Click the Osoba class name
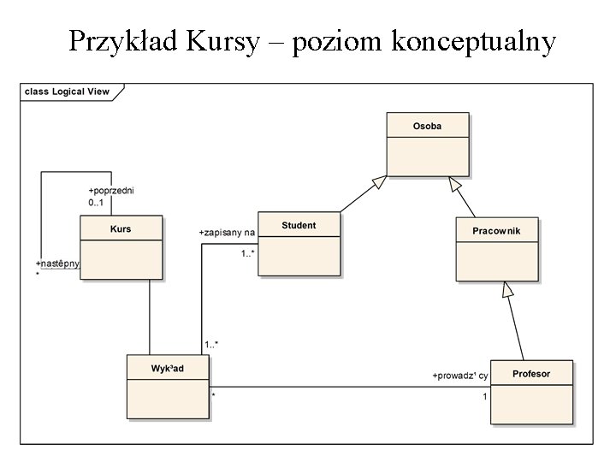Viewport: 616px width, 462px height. [x=428, y=126]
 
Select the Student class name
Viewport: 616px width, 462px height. [x=299, y=225]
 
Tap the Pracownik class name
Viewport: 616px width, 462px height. [x=496, y=231]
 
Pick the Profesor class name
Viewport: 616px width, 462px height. [x=531, y=374]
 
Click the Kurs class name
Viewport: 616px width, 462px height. [x=121, y=228]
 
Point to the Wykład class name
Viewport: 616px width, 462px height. [x=168, y=368]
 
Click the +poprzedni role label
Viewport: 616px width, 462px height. [x=110, y=190]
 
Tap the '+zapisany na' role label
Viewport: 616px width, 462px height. [x=227, y=232]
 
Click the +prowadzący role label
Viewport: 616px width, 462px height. [x=460, y=376]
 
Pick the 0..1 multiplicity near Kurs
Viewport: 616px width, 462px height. [x=96, y=203]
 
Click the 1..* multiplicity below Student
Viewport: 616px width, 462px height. [x=248, y=253]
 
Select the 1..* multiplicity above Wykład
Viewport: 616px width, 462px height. [x=211, y=345]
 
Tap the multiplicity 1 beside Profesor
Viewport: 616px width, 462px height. [x=485, y=396]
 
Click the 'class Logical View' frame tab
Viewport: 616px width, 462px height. [x=68, y=92]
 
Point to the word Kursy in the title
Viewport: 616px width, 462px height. [x=222, y=40]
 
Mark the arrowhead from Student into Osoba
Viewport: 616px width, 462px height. [x=379, y=182]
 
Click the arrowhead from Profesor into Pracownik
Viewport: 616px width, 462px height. [x=507, y=289]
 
